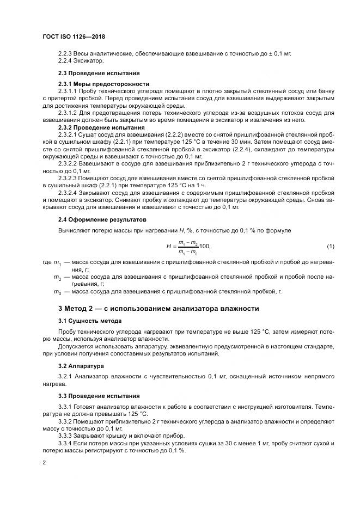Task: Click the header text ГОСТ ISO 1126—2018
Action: coord(73,36)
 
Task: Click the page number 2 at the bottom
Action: coord(44,462)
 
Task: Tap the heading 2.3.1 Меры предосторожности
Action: coord(103,84)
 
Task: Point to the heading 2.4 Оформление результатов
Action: coord(102,219)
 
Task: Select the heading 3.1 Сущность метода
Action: coord(90,321)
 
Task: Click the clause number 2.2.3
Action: coord(65,54)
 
